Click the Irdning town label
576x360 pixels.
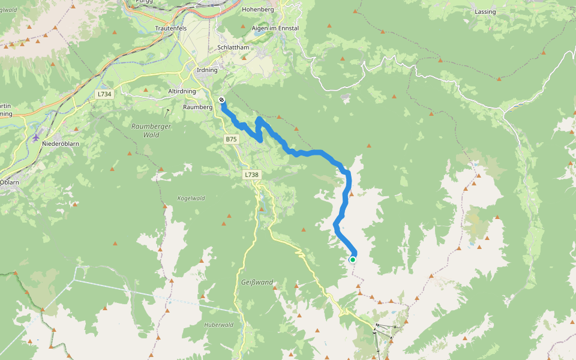[x=207, y=70]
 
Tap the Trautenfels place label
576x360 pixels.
[x=172, y=28]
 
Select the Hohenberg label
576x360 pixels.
[x=258, y=10]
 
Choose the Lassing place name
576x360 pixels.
[x=485, y=12]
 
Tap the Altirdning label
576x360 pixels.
[x=182, y=91]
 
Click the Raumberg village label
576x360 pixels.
[x=198, y=107]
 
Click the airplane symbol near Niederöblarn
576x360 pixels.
[x=36, y=137]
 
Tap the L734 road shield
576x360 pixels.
[x=104, y=94]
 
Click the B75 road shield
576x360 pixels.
[x=232, y=139]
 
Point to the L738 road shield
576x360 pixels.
[x=251, y=175]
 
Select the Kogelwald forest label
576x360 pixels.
[x=191, y=199]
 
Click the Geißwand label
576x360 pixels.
[x=257, y=282]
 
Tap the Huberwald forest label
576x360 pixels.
[x=218, y=325]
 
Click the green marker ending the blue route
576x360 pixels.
[x=353, y=259]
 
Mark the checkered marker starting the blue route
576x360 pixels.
[x=222, y=100]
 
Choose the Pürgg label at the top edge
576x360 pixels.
[x=143, y=2]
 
